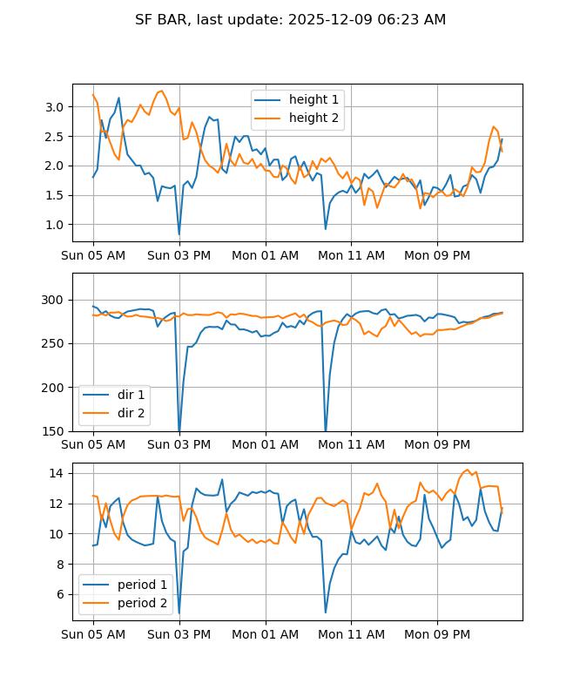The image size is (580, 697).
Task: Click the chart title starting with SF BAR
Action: (x=290, y=19)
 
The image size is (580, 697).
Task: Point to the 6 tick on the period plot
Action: (x=61, y=594)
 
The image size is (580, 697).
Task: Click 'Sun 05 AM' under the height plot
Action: (x=93, y=255)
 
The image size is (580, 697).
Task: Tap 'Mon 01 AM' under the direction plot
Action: (x=266, y=444)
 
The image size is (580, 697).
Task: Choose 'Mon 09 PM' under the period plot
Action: (x=437, y=634)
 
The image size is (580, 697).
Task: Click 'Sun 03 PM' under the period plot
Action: (x=179, y=634)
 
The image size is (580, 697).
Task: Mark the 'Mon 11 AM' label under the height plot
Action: (x=351, y=255)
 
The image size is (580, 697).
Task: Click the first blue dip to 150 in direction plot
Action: (x=179, y=430)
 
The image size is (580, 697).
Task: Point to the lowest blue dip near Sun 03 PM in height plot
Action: (x=179, y=233)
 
